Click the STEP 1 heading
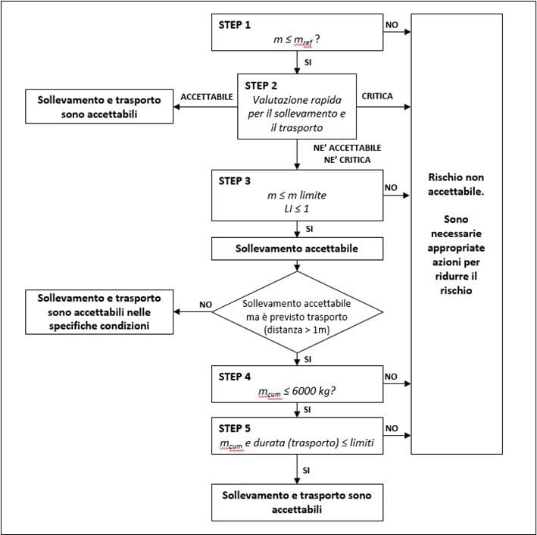234,24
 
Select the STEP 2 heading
260,85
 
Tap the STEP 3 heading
234,181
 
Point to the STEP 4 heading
234,377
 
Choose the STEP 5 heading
234,426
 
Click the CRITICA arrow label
379,97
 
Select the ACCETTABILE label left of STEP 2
206,97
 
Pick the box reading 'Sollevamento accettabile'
297,247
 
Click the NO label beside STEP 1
392,24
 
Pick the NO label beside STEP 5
392,427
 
